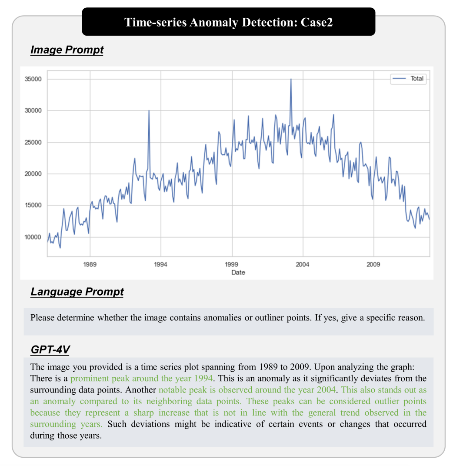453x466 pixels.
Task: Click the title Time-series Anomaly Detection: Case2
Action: [228, 22]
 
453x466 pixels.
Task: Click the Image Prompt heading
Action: [67, 50]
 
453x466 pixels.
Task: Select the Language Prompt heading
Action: [77, 292]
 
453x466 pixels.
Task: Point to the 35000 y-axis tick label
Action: [33, 79]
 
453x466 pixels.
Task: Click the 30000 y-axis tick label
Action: [33, 111]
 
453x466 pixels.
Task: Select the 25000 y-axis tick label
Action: [33, 143]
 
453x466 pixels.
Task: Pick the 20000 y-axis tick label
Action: [33, 174]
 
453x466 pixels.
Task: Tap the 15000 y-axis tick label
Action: [33, 206]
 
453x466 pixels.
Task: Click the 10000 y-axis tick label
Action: [33, 237]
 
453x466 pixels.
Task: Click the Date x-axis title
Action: [238, 273]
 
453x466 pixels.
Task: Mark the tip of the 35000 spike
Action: [291, 79]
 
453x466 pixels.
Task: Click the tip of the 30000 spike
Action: [149, 111]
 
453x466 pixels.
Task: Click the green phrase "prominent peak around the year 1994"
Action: [141, 378]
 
